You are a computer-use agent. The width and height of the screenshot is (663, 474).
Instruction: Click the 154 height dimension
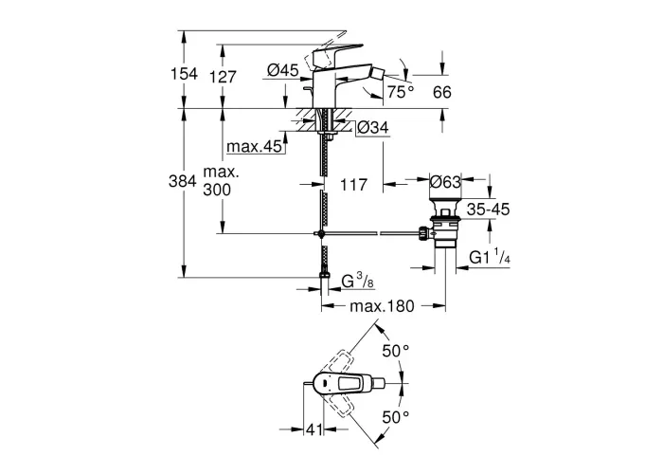coord(184,74)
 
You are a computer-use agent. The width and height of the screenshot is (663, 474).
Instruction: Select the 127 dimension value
coord(224,77)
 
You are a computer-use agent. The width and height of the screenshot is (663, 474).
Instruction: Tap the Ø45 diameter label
coord(283,70)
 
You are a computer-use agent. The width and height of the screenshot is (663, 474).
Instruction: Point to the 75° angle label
coord(401,91)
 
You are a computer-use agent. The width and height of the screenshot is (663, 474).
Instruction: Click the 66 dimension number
coord(442,92)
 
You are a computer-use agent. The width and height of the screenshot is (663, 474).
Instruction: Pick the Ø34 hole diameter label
coord(373,127)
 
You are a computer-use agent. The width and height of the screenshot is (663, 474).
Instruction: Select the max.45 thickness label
coord(254,146)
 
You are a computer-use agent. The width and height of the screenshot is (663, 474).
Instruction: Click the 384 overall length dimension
coord(183,181)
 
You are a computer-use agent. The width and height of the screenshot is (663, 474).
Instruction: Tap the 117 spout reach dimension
coord(354,185)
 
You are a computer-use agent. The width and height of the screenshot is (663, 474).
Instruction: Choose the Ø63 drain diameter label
coord(445,182)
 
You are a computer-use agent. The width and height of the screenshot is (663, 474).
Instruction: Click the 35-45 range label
coord(489,210)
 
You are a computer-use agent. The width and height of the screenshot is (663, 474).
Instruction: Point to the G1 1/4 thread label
coord(490,257)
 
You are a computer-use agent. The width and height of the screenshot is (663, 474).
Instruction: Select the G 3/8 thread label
coord(358,281)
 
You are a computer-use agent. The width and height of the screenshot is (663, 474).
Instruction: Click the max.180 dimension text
coord(383,305)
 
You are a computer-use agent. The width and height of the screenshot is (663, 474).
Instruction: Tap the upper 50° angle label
coord(396,351)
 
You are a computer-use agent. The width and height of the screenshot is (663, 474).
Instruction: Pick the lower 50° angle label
coord(396,417)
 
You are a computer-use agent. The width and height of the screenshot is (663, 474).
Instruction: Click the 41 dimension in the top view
coord(314,429)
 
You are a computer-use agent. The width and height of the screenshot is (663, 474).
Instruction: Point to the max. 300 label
coord(221,181)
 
